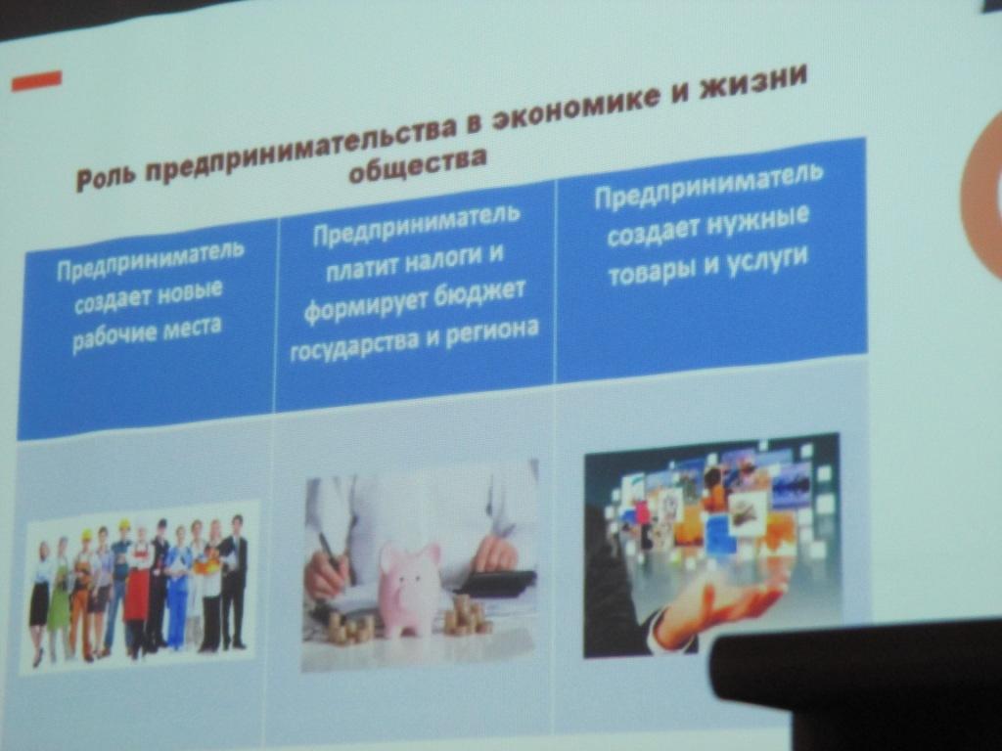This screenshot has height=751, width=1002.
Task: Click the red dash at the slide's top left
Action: tap(36, 80)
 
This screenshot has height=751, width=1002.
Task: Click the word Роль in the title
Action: tap(105, 175)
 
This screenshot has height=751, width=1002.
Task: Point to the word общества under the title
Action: tap(419, 163)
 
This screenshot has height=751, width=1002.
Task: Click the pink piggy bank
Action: tap(408, 588)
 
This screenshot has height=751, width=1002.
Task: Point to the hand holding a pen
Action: tap(328, 571)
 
